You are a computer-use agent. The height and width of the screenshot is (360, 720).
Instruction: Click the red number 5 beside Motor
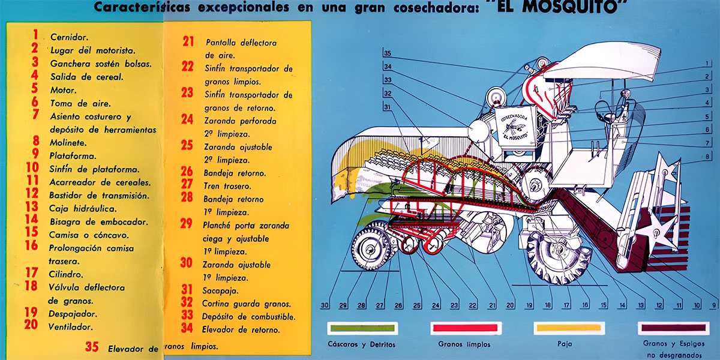(35, 88)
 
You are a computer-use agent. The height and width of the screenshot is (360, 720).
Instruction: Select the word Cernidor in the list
(69, 37)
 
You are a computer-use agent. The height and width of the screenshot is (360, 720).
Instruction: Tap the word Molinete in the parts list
(68, 143)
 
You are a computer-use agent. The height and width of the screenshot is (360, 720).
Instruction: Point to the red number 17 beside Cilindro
(32, 272)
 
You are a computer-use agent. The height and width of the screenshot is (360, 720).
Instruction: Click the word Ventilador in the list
(70, 327)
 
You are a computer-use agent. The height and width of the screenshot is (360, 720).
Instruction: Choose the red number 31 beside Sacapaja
(187, 290)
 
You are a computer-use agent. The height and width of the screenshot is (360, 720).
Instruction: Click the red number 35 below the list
(92, 347)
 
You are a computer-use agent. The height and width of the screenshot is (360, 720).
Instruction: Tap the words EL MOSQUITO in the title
(556, 7)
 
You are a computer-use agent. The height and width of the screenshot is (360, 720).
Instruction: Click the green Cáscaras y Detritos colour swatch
(362, 328)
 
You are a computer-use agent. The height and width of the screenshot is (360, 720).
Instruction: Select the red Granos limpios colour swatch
(466, 328)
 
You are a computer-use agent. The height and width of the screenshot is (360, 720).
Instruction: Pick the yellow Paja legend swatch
(569, 328)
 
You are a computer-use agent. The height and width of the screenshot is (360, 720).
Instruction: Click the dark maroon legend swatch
(673, 328)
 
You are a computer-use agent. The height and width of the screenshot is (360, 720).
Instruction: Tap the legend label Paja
(565, 344)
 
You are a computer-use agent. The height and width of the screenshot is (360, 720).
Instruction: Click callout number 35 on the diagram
(388, 53)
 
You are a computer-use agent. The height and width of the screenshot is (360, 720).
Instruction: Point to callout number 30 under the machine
(325, 305)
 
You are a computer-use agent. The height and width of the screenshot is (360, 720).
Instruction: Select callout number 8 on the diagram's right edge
(707, 157)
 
